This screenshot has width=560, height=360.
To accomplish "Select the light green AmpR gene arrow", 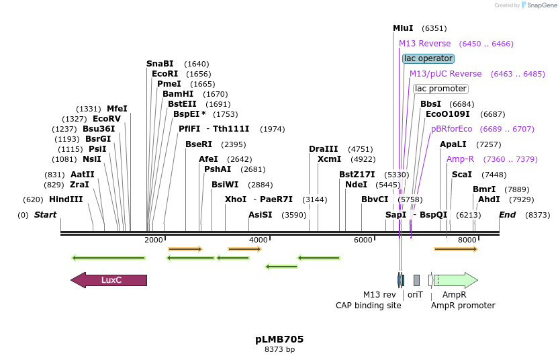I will coord(457,280).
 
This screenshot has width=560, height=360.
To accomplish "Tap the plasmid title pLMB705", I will coord(279,339).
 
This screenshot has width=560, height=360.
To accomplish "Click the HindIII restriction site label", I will coord(66,199).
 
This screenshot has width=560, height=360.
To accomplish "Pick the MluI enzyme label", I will coord(403,28).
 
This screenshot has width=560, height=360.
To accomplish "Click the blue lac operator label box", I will coord(428,58).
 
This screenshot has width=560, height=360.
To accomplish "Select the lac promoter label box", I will coord(440,89).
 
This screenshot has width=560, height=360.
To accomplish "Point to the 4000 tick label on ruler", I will coord(259,240).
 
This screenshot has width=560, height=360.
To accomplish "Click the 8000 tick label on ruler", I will coord(467,240).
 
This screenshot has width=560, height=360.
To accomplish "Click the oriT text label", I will coord(416,295).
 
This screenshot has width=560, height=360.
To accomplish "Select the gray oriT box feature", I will coord(416,280).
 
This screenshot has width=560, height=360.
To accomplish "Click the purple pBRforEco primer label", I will coord(451,129).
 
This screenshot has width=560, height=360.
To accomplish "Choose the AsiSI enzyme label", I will coord(261,215).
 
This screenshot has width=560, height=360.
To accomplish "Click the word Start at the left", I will coord(46,215).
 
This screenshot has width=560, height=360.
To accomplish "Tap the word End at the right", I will coord(508,215).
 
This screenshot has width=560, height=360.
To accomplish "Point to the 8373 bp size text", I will coord(279,349).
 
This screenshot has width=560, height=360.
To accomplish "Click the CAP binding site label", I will coord(369,306).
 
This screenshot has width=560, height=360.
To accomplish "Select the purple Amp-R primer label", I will coord(460,159).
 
